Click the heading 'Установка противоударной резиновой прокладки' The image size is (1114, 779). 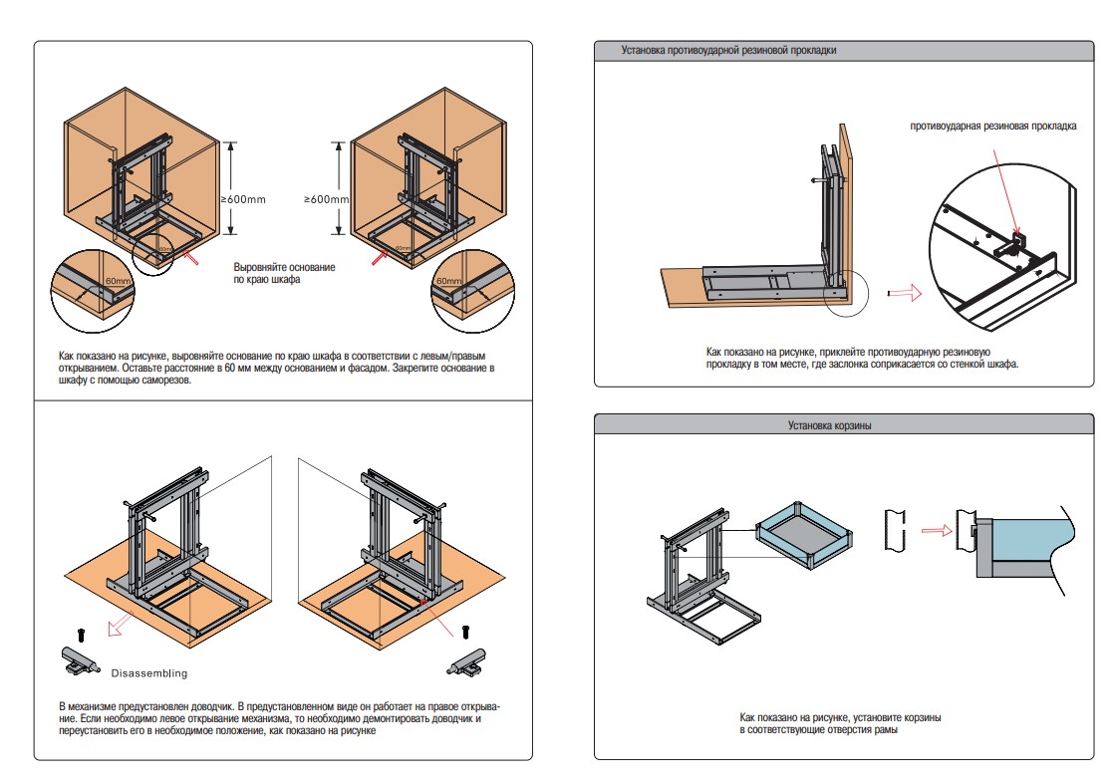coord(728,50)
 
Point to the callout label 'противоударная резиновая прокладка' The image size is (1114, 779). coord(992,127)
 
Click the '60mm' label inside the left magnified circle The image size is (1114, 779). coord(118,282)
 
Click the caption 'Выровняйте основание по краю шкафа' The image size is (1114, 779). coord(284,274)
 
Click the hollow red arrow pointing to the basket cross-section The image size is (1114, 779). coord(935,531)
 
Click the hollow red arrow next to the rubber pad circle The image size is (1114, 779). coord(901,293)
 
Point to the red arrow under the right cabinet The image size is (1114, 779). coord(380,258)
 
